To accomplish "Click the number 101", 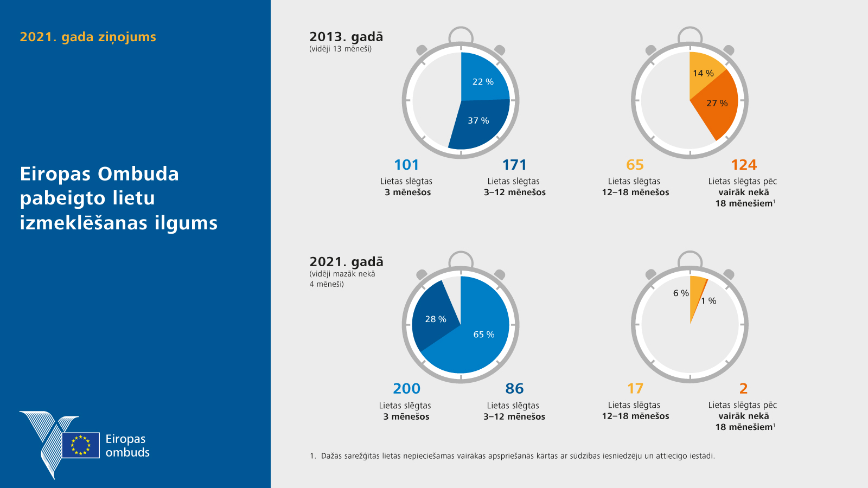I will tap(406, 165).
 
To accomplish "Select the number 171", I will tap(514, 165).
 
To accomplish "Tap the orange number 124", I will tap(743, 165).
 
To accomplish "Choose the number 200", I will tap(406, 389).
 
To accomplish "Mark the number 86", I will tap(514, 389).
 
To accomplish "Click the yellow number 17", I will tap(635, 389).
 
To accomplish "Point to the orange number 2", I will tap(743, 389).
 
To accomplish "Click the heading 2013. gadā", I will tap(346, 37).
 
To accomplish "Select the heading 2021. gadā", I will tap(346, 262).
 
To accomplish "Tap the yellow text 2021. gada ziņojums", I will tap(88, 37).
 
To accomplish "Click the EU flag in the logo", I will tap(81, 445).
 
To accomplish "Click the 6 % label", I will tap(681, 293).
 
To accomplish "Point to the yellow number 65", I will tap(635, 165).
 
